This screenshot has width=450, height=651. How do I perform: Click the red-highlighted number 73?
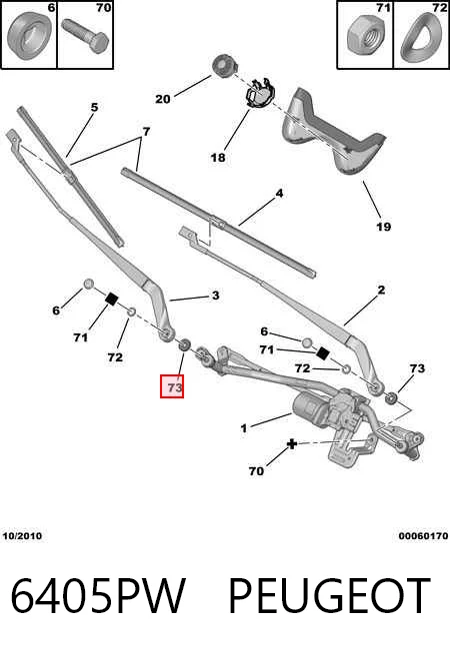point(172,386)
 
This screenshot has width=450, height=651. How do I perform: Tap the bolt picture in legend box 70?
point(85,36)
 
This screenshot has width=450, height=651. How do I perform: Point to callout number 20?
point(163,99)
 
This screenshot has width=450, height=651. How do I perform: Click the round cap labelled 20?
point(225,66)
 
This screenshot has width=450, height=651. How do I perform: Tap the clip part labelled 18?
point(258,95)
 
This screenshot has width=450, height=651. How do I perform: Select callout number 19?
point(383,227)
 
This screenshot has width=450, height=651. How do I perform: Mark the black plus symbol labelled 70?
point(292,444)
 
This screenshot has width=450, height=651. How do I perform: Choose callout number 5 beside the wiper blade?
point(94,107)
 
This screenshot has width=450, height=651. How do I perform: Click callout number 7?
point(146,132)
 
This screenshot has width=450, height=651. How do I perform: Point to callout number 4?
point(279,194)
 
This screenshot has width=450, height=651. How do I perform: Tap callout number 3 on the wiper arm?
point(215,296)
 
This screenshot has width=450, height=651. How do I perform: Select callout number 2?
point(381,290)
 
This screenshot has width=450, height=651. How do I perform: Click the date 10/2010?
point(22,536)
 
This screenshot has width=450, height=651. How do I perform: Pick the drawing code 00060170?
point(423,536)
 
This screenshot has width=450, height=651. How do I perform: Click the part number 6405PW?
point(98,596)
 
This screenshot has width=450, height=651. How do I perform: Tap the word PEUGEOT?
point(329,596)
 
